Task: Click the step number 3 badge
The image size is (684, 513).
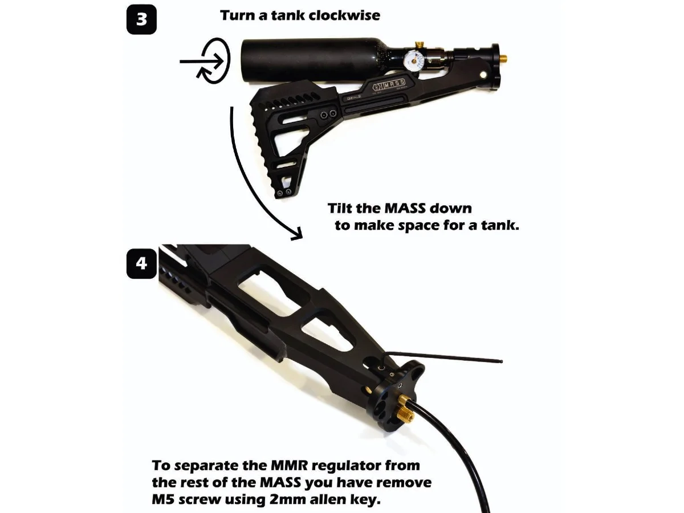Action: (x=141, y=19)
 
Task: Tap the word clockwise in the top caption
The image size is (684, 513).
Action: (x=344, y=15)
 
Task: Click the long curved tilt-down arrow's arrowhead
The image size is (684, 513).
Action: (x=295, y=234)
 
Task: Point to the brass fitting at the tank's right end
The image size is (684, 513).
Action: (x=505, y=59)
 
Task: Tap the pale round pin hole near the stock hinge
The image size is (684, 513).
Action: (x=483, y=74)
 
